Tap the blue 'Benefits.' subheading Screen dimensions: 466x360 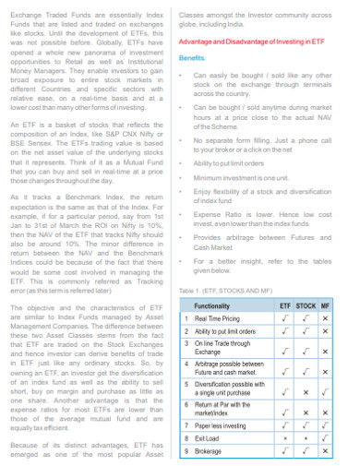[x=193, y=57]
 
